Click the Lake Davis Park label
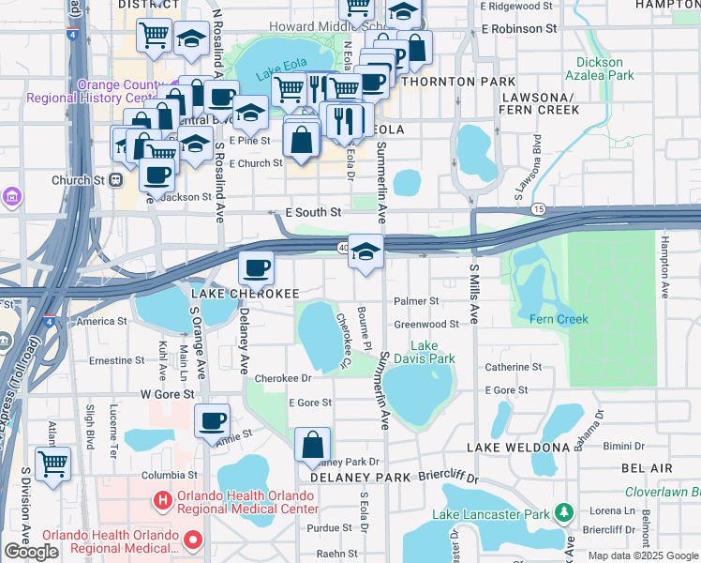pos(432,352)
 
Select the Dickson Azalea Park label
pos(605,68)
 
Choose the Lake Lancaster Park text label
pos(490,514)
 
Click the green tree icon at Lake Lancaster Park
pos(563,512)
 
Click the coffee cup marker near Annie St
pos(213,420)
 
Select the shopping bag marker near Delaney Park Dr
pos(313,445)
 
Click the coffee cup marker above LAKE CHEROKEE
pos(255,268)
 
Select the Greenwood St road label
pos(425,324)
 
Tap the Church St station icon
pos(116,180)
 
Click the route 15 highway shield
pos(538,207)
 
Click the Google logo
pos(31,552)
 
